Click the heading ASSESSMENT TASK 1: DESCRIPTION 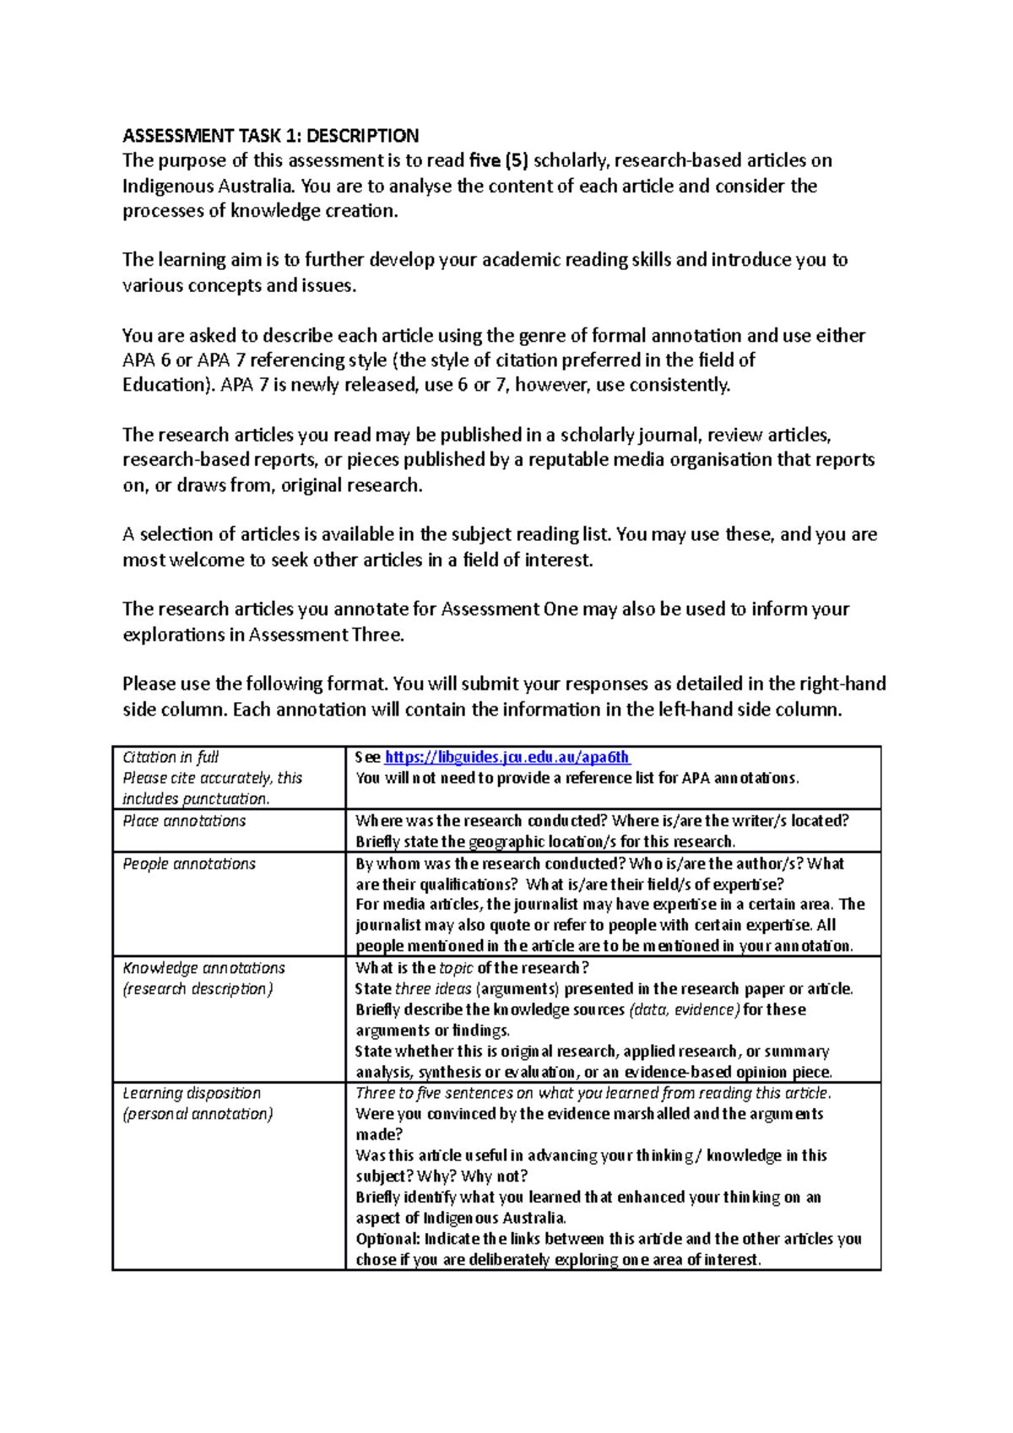(270, 136)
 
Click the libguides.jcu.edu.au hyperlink (506, 758)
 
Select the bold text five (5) (499, 160)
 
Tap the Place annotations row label (184, 821)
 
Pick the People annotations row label (189, 864)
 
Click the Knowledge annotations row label (203, 968)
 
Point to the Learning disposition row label (192, 1093)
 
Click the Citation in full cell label (171, 758)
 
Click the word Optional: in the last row (387, 1239)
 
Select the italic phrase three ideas (432, 989)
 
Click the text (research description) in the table (198, 989)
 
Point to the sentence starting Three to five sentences (593, 1093)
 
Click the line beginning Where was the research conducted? (602, 821)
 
